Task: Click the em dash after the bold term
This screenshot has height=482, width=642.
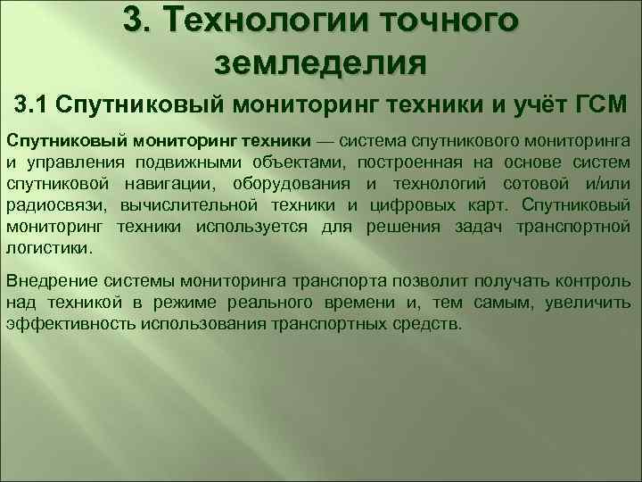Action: click(325, 142)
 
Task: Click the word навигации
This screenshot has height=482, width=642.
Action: click(157, 185)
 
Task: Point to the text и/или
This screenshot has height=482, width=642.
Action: click(609, 185)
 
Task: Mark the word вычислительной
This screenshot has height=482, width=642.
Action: click(177, 206)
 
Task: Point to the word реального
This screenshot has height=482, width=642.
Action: click(294, 304)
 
